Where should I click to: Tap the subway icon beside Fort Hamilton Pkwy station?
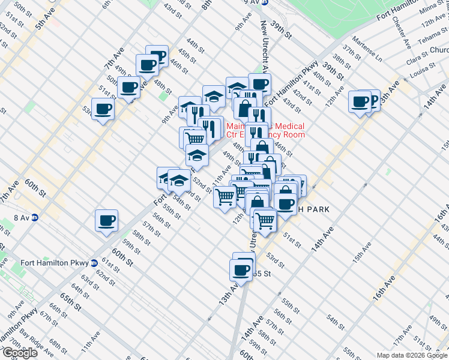(94, 262)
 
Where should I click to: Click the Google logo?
(20, 353)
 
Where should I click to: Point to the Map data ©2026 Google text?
(412, 355)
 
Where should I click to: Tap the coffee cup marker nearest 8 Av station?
(106, 220)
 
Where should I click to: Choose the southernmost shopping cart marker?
(265, 220)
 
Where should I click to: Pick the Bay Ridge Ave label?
(34, 341)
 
